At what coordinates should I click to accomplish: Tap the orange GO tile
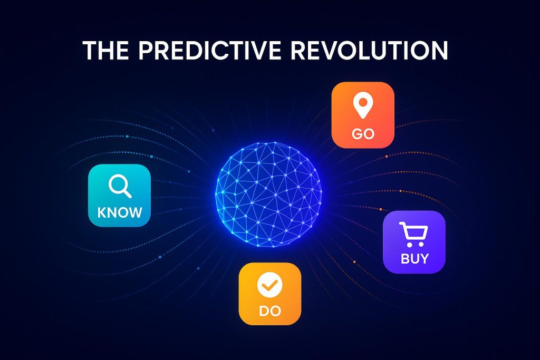[363, 114]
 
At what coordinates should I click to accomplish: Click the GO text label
[363, 133]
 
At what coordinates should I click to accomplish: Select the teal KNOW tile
[119, 196]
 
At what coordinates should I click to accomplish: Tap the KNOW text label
[120, 212]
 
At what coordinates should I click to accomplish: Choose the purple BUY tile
[414, 242]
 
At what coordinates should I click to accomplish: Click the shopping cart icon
[412, 234]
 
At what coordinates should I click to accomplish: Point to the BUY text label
[414, 259]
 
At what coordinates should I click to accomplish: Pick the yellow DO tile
[270, 294]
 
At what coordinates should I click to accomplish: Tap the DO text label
[270, 311]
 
